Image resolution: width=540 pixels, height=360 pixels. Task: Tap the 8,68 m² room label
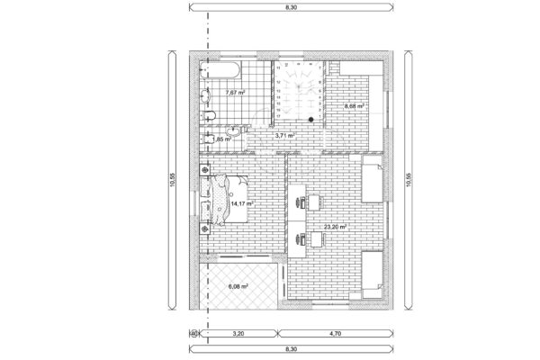355,106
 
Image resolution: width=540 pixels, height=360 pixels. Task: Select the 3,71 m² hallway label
285,136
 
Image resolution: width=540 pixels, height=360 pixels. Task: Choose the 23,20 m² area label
346,229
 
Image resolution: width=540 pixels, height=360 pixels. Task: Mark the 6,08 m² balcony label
238,286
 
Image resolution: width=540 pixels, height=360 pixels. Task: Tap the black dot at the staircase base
310,118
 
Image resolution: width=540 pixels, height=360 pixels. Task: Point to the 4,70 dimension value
335,333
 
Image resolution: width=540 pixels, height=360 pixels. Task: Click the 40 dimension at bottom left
194,333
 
